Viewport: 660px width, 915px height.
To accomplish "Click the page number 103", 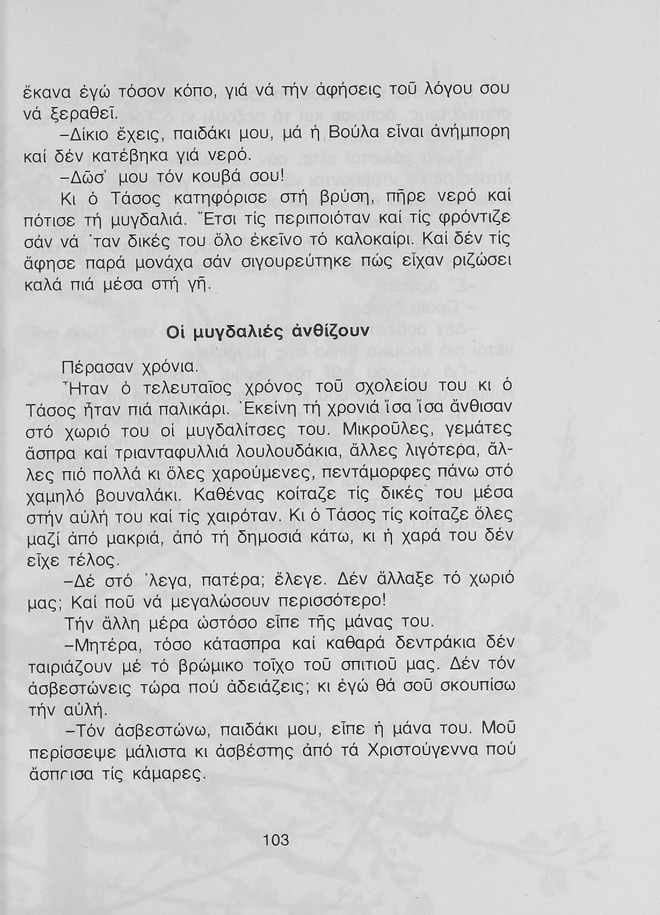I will click(276, 840).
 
